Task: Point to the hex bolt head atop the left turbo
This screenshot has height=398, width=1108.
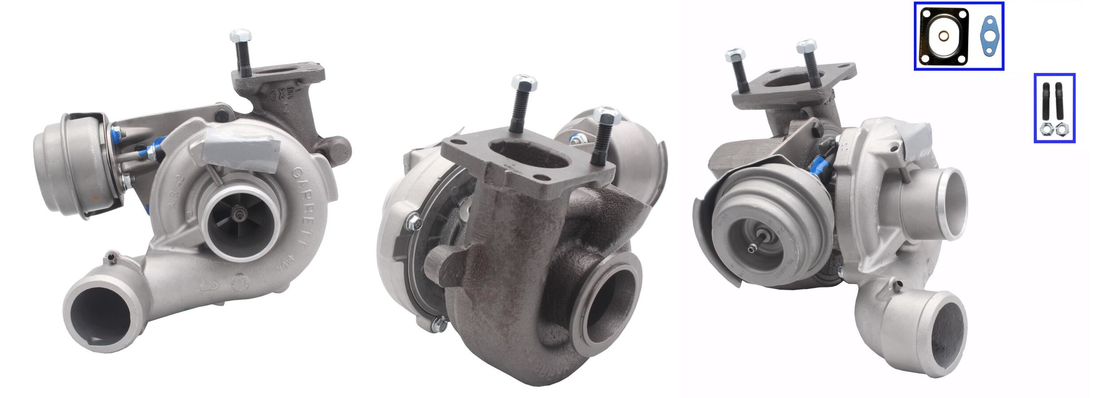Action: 240,35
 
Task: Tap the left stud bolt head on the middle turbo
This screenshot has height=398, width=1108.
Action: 524,83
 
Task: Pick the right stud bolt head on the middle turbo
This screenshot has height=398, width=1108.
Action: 606,116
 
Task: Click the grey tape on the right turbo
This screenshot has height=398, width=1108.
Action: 914,137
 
